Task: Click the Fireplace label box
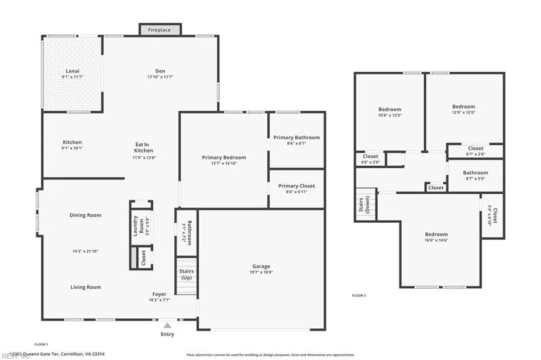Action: (x=160, y=30)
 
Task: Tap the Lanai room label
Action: (x=72, y=71)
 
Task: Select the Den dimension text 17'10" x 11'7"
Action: (x=160, y=77)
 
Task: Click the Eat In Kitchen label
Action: (x=144, y=147)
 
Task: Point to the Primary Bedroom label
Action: (x=223, y=157)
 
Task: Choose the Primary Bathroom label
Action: (x=296, y=138)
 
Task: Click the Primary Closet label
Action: (x=296, y=186)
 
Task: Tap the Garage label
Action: (x=261, y=267)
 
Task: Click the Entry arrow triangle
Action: (x=167, y=325)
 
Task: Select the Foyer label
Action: (x=159, y=294)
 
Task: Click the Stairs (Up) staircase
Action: (x=186, y=276)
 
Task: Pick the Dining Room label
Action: (x=85, y=215)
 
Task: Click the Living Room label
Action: (x=86, y=287)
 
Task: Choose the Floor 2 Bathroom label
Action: (x=475, y=173)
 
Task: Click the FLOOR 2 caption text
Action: (x=359, y=296)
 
